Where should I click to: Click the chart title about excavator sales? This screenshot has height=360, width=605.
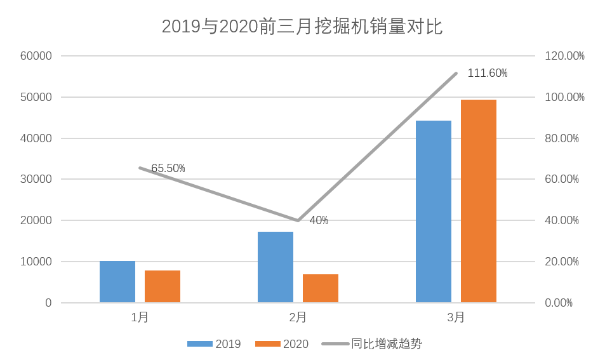(302, 27)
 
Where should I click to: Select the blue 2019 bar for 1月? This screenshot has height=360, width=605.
(117, 282)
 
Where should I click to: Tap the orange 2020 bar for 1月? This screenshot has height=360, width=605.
(163, 287)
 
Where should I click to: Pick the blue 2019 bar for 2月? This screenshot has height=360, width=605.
(276, 267)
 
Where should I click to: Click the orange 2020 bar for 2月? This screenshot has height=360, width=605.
(321, 289)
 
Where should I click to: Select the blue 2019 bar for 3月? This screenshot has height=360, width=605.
(434, 211)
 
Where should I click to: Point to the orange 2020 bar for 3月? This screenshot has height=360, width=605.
(479, 201)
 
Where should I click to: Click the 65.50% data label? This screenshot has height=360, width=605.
(168, 168)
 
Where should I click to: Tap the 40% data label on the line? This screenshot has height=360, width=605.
(319, 220)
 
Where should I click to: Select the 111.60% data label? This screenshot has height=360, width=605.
(488, 73)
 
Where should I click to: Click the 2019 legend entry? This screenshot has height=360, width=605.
(215, 344)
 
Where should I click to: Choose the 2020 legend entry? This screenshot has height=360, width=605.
(283, 344)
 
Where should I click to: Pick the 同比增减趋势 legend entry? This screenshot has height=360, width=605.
(373, 344)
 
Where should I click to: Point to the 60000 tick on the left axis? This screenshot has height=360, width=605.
(36, 56)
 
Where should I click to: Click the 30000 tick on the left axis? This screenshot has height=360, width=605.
(36, 179)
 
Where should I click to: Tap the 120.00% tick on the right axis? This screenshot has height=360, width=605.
(564, 56)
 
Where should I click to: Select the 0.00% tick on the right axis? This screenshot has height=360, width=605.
(559, 303)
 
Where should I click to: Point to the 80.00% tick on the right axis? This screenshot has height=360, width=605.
(562, 138)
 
